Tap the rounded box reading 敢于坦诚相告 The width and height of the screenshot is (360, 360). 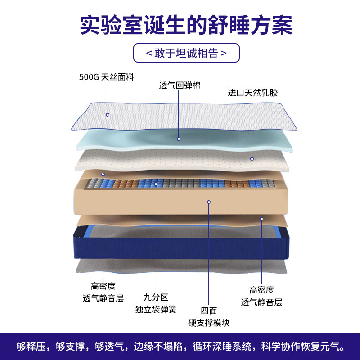pyautogui.click(x=186, y=53)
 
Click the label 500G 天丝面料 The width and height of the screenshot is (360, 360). pyautogui.click(x=107, y=77)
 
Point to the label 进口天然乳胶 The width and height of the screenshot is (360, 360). pyautogui.click(x=252, y=93)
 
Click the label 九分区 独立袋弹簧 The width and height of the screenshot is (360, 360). pyautogui.click(x=156, y=303)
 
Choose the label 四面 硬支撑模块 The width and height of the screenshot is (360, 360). pyautogui.click(x=209, y=316)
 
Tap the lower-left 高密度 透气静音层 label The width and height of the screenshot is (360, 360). pyautogui.click(x=103, y=292)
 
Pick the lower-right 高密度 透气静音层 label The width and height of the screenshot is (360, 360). pyautogui.click(x=261, y=296)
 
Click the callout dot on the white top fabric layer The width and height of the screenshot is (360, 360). pyautogui.click(x=108, y=115)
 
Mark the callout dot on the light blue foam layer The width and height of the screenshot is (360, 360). pyautogui.click(x=179, y=139)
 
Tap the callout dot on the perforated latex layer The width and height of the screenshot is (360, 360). pyautogui.click(x=252, y=159)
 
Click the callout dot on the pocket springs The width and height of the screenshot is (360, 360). pyautogui.click(x=156, y=184)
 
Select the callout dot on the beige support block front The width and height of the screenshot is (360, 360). pyautogui.click(x=209, y=202)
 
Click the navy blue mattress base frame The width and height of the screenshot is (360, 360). pyautogui.click(x=180, y=247)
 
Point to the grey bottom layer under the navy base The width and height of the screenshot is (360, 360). pyautogui.click(x=180, y=266)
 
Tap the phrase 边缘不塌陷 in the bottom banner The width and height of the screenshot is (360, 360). pyautogui.click(x=161, y=346)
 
